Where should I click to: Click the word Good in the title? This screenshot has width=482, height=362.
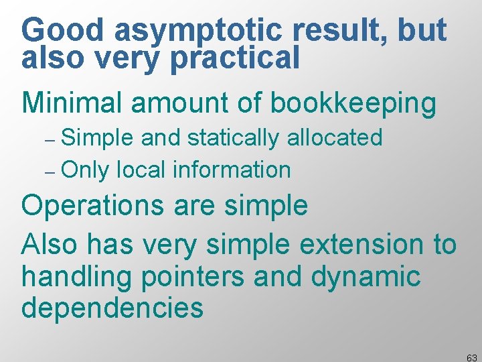63,31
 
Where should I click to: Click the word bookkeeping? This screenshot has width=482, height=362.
353,104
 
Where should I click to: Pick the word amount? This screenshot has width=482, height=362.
175,104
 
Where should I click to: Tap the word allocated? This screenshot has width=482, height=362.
335,138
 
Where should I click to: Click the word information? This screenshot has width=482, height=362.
232,170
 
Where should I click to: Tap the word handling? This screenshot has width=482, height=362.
78,276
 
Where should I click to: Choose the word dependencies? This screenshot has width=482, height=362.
112,308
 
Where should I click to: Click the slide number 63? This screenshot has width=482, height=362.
472,358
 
